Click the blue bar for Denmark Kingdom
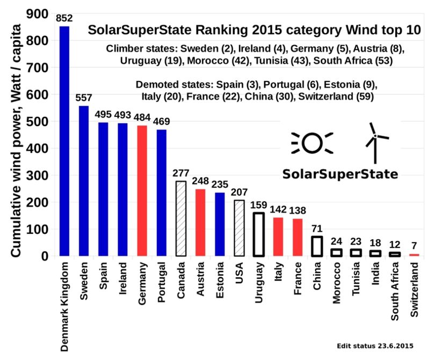64,141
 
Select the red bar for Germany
142,190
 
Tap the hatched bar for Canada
181,219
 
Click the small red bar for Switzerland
414,255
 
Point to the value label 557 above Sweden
83,98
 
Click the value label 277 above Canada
181,173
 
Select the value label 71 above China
317,229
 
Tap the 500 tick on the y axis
37,121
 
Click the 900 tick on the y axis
37,13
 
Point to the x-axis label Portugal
162,282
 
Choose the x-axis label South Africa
395,291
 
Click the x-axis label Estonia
220,280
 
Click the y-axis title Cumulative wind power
16,172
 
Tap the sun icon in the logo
312,143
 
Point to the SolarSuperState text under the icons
340,174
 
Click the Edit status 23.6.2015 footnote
375,346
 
